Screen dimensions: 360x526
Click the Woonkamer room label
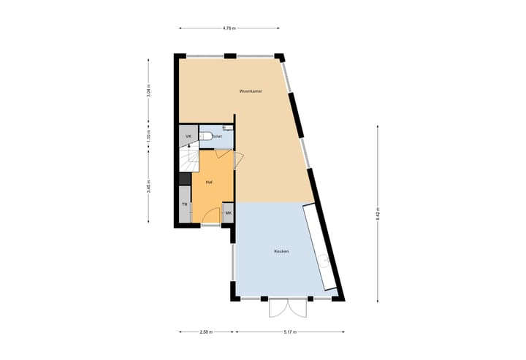(x=251, y=91)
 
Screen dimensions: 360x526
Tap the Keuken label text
(x=281, y=251)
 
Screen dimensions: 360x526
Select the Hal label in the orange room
(x=209, y=182)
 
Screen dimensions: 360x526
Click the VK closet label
(x=188, y=137)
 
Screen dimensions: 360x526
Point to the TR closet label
(x=185, y=205)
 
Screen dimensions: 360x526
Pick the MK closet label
(x=228, y=213)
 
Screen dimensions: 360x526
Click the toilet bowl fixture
(x=207, y=136)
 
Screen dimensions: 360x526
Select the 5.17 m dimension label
(x=290, y=332)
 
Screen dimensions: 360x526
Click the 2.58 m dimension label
(x=206, y=332)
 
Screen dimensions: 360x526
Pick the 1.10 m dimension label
(x=148, y=137)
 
